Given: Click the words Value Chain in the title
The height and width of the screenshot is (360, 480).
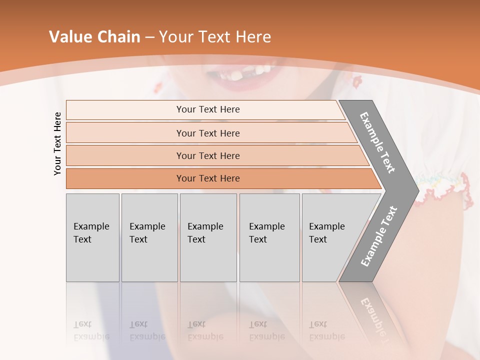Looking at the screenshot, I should point(94,37).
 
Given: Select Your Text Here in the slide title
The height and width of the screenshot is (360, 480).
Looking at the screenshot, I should point(215,37).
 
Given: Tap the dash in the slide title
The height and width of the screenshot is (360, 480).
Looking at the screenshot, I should point(149,37).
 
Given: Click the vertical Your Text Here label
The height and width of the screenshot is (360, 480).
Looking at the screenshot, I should point(57,143).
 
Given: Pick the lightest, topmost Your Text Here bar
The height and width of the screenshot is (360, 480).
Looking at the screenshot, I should point(207,109).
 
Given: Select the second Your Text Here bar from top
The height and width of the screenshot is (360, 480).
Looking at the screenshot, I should point(207,133).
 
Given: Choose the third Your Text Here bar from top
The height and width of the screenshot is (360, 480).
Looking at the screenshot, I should point(207,155).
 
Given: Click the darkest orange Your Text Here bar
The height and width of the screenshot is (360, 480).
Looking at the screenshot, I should point(207,178).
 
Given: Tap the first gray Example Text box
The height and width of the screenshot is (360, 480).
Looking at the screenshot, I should point(92,237).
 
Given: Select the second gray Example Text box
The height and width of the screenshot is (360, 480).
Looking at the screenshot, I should point(149,237).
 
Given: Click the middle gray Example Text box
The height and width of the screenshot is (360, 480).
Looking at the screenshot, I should point(208,237).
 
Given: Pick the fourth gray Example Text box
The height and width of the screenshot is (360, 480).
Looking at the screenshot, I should point(269,237).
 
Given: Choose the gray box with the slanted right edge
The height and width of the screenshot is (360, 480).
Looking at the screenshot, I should point(330,237).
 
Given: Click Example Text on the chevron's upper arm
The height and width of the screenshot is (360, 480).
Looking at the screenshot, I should point(377,143).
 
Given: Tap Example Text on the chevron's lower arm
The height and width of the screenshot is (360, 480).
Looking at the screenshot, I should point(378,236).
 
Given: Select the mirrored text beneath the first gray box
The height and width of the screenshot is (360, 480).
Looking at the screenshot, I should point(91,330).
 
